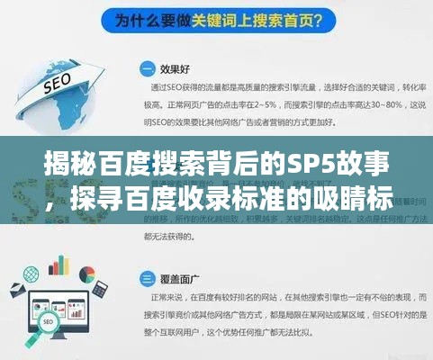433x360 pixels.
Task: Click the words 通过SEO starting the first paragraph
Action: (x=169, y=88)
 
